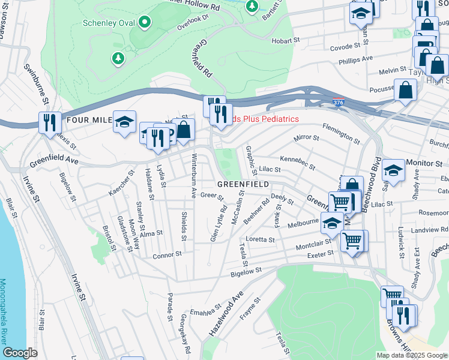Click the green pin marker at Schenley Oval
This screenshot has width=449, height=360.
(145, 23)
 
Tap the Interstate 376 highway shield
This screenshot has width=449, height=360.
(339, 103)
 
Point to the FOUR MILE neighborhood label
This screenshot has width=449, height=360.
(89, 120)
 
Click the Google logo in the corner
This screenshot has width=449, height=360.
(20, 353)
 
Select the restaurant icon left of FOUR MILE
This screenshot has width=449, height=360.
(49, 122)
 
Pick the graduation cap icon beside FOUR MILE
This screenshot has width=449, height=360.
(124, 121)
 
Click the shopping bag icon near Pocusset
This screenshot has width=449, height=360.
(406, 90)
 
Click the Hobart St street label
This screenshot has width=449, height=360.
(285, 40)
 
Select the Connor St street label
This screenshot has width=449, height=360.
(167, 254)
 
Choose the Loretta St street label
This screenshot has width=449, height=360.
(260, 239)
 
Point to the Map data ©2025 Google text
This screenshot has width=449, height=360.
(411, 355)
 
